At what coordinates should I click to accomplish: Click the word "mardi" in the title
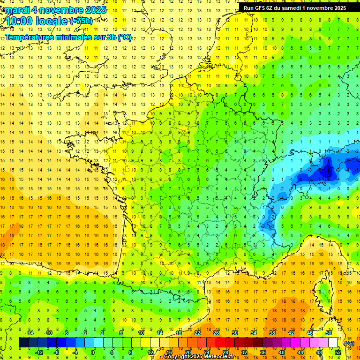point(18,10)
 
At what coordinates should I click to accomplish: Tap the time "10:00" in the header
point(21,21)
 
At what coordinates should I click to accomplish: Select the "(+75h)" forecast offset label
point(81,21)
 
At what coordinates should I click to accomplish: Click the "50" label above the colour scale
point(329,333)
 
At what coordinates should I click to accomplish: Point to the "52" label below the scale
point(338,352)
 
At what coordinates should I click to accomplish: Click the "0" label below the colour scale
point(93,352)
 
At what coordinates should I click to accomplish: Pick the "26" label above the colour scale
point(216,333)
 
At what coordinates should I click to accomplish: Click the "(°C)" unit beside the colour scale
point(349,343)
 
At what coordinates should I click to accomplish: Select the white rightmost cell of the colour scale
point(333,343)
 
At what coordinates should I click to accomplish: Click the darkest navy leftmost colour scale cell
point(23,343)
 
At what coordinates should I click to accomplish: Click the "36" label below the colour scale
point(263,352)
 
